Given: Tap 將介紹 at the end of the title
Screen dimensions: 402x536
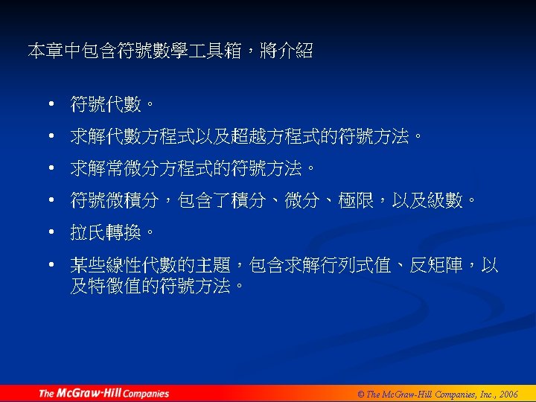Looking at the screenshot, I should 287,51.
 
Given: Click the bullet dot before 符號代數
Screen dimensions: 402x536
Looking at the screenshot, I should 51,105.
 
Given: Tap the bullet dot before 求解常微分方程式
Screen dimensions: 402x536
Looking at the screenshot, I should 51,169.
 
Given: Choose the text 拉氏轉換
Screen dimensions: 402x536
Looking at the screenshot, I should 106,233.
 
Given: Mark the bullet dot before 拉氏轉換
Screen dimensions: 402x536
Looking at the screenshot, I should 51,233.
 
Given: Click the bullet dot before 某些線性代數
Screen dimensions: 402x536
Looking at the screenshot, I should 51,265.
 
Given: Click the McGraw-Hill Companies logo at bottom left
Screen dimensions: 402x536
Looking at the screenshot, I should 103,393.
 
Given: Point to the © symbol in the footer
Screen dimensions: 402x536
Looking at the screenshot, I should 359,394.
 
